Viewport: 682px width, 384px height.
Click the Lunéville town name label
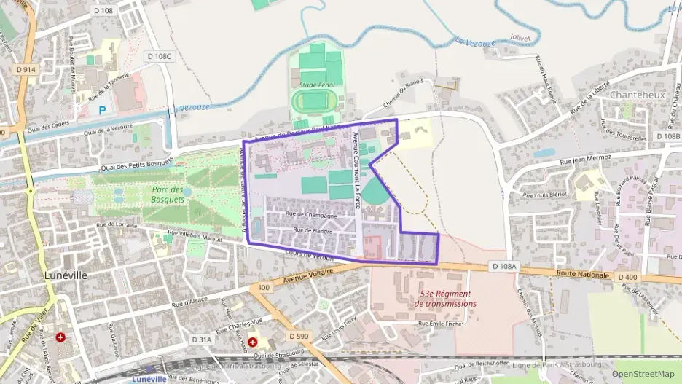pos(66,275)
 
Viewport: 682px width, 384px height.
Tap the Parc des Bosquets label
pos(172,195)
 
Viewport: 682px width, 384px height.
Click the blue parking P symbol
pos(103,111)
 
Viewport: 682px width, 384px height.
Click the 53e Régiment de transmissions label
pos(445,298)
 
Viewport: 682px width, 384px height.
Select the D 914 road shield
pos(26,69)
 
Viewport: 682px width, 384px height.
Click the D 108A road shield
pos(503,267)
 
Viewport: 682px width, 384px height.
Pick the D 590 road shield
pos(299,336)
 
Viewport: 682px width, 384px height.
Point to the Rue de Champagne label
pos(311,215)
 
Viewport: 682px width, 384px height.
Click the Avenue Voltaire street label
pos(305,275)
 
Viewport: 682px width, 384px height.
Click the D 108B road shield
pos(667,136)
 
